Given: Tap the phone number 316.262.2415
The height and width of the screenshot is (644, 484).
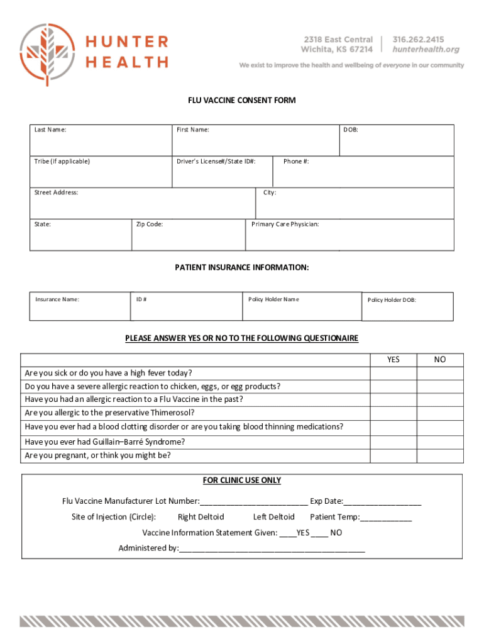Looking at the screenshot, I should [x=418, y=39].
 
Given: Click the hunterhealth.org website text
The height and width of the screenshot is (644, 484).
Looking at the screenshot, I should [x=426, y=49].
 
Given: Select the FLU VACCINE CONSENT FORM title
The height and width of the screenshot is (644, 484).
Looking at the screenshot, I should [x=242, y=101].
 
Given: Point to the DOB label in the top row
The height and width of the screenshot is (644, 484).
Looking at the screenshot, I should [x=350, y=130].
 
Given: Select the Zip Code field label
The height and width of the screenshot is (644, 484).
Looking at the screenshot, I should [x=150, y=225].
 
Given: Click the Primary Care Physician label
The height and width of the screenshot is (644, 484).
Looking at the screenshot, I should [x=285, y=225].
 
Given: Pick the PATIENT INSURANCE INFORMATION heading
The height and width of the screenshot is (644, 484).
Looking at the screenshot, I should [x=242, y=267].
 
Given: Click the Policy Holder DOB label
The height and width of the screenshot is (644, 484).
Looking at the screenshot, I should [x=392, y=300].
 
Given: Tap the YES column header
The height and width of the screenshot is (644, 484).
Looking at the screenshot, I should [x=393, y=360].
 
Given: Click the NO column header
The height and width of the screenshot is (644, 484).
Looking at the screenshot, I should [x=440, y=360].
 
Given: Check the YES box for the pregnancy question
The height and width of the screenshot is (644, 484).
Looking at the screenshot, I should [x=393, y=456].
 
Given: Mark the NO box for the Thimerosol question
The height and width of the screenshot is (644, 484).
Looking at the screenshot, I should [x=440, y=413].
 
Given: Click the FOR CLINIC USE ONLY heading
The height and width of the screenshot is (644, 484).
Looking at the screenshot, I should [x=242, y=480].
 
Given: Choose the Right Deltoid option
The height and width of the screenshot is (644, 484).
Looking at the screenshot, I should [x=201, y=517].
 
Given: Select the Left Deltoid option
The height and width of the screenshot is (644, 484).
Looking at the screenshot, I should [x=273, y=517].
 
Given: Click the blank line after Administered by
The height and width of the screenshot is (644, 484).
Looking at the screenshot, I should [x=272, y=548].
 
